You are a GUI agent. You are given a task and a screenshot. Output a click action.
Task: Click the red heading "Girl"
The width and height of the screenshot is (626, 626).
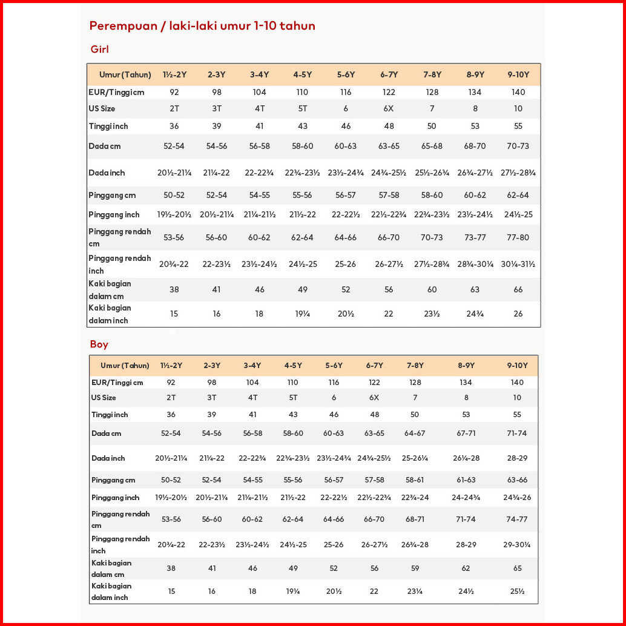coord(99,49)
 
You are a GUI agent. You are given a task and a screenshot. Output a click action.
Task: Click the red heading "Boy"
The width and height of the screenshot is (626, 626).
coord(99,344)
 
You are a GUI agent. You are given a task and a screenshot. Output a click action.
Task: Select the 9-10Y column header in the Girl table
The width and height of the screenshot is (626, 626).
coord(518,74)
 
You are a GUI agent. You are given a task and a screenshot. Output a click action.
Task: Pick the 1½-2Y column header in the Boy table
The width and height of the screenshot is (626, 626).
coord(171,366)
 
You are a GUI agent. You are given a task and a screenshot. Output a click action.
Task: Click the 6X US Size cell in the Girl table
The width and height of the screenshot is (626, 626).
coord(389,108)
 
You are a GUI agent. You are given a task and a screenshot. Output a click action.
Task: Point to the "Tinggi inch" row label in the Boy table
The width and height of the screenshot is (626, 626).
coord(110,415)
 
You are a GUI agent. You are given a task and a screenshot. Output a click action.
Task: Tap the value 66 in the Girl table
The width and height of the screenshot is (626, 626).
coord(518,289)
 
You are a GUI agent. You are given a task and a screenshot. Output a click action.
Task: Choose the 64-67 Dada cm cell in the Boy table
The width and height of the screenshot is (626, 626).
coord(415,433)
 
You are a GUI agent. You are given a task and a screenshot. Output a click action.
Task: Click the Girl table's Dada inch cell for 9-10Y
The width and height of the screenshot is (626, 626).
coord(518,173)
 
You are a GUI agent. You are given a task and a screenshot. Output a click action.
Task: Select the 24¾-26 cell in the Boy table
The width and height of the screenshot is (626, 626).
coord(517,498)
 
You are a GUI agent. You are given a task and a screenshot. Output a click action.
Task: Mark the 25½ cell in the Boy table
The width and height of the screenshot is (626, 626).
coord(517,591)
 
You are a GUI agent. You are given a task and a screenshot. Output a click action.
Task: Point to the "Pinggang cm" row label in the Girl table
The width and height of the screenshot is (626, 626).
coord(112,196)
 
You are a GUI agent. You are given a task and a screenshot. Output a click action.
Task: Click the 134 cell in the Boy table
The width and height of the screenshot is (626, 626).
coord(466,383)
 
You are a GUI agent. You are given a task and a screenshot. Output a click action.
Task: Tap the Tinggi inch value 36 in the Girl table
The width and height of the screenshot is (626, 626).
coord(174,126)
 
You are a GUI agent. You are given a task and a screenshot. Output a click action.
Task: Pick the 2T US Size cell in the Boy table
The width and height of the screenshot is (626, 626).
coord(171,398)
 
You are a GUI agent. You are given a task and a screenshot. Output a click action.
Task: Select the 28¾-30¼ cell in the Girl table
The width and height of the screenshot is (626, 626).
coord(475,265)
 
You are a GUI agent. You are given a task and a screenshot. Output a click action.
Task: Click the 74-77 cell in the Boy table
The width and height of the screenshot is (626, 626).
coord(517,519)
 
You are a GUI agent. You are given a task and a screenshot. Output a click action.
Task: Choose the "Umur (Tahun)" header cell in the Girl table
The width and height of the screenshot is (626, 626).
coord(125,74)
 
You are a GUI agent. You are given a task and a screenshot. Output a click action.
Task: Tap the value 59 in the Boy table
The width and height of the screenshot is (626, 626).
coord(415,568)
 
